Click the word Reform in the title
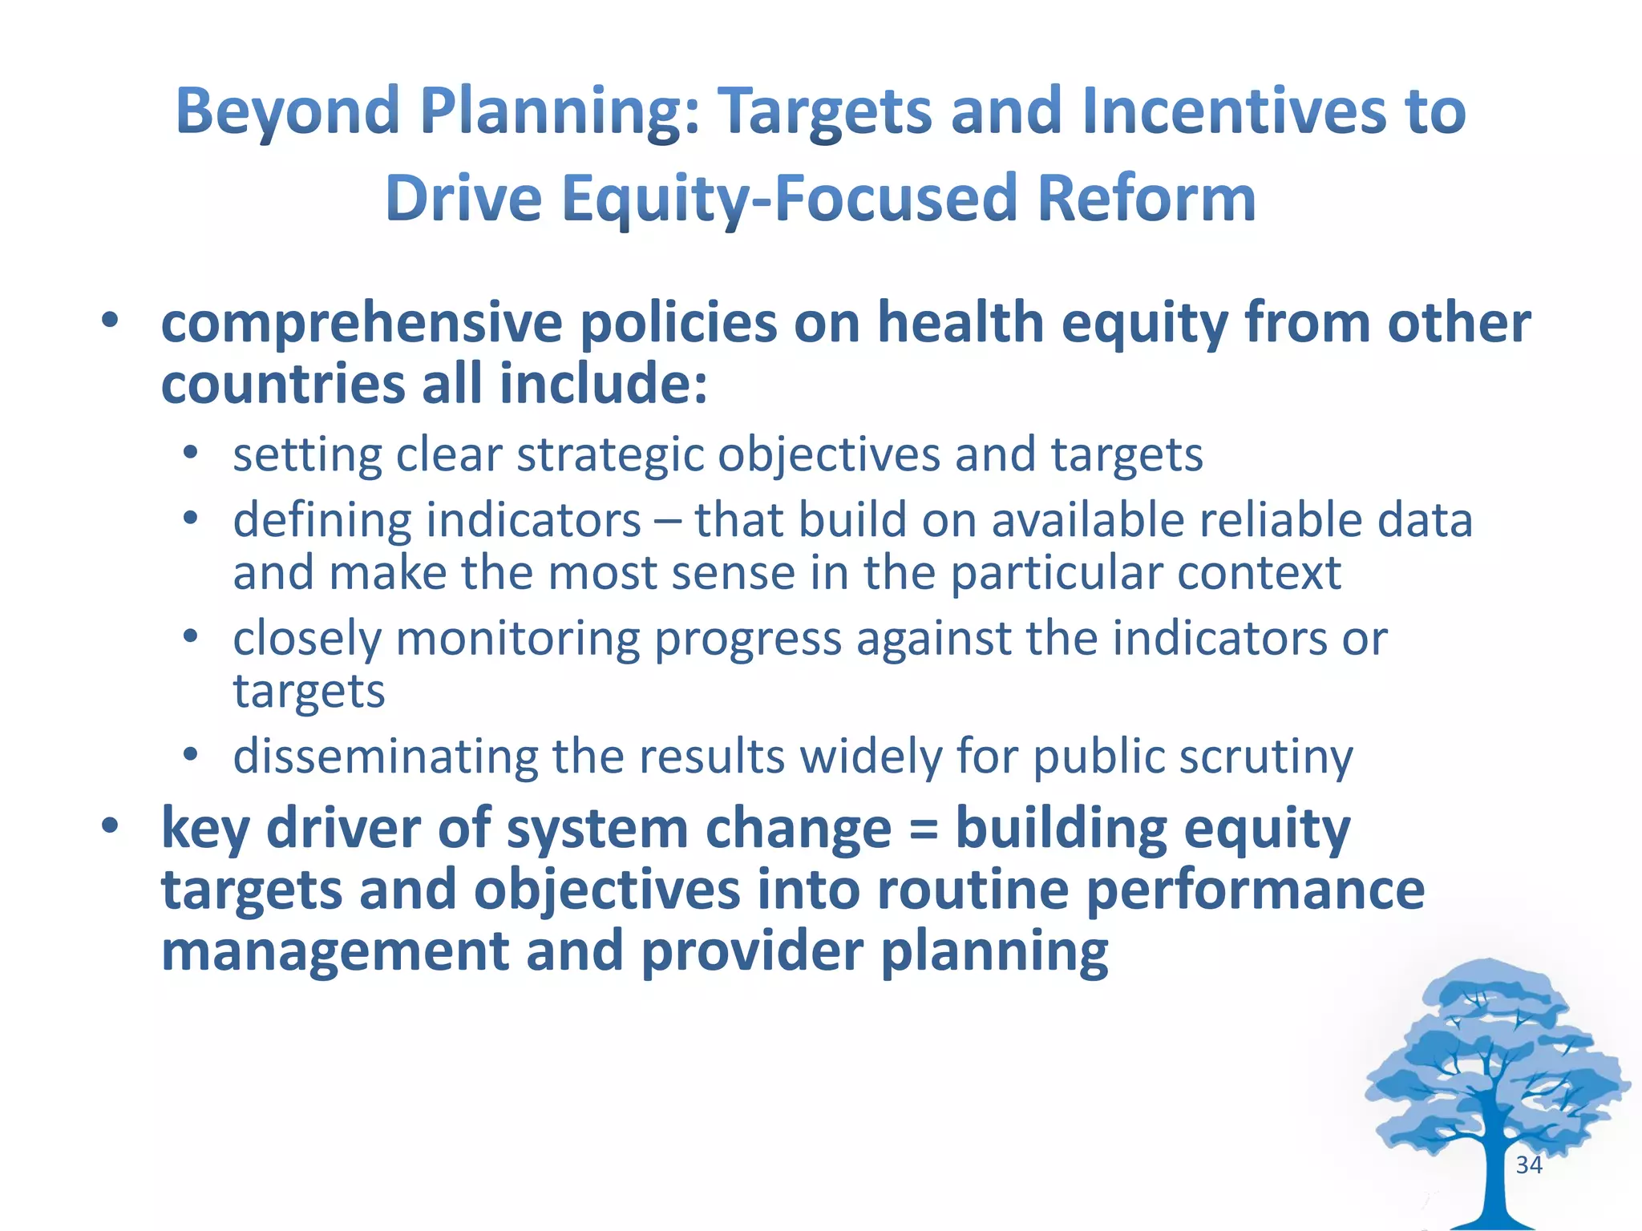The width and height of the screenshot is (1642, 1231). pyautogui.click(x=1147, y=199)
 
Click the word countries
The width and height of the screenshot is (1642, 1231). pyautogui.click(x=283, y=385)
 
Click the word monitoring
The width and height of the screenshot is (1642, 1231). pyautogui.click(x=517, y=640)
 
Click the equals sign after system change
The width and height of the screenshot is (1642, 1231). pyautogui.click(x=924, y=830)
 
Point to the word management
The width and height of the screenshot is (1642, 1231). pyautogui.click(x=335, y=952)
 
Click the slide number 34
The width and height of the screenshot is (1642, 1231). pyautogui.click(x=1529, y=1165)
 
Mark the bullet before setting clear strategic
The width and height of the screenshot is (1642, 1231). pyautogui.click(x=190, y=454)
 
